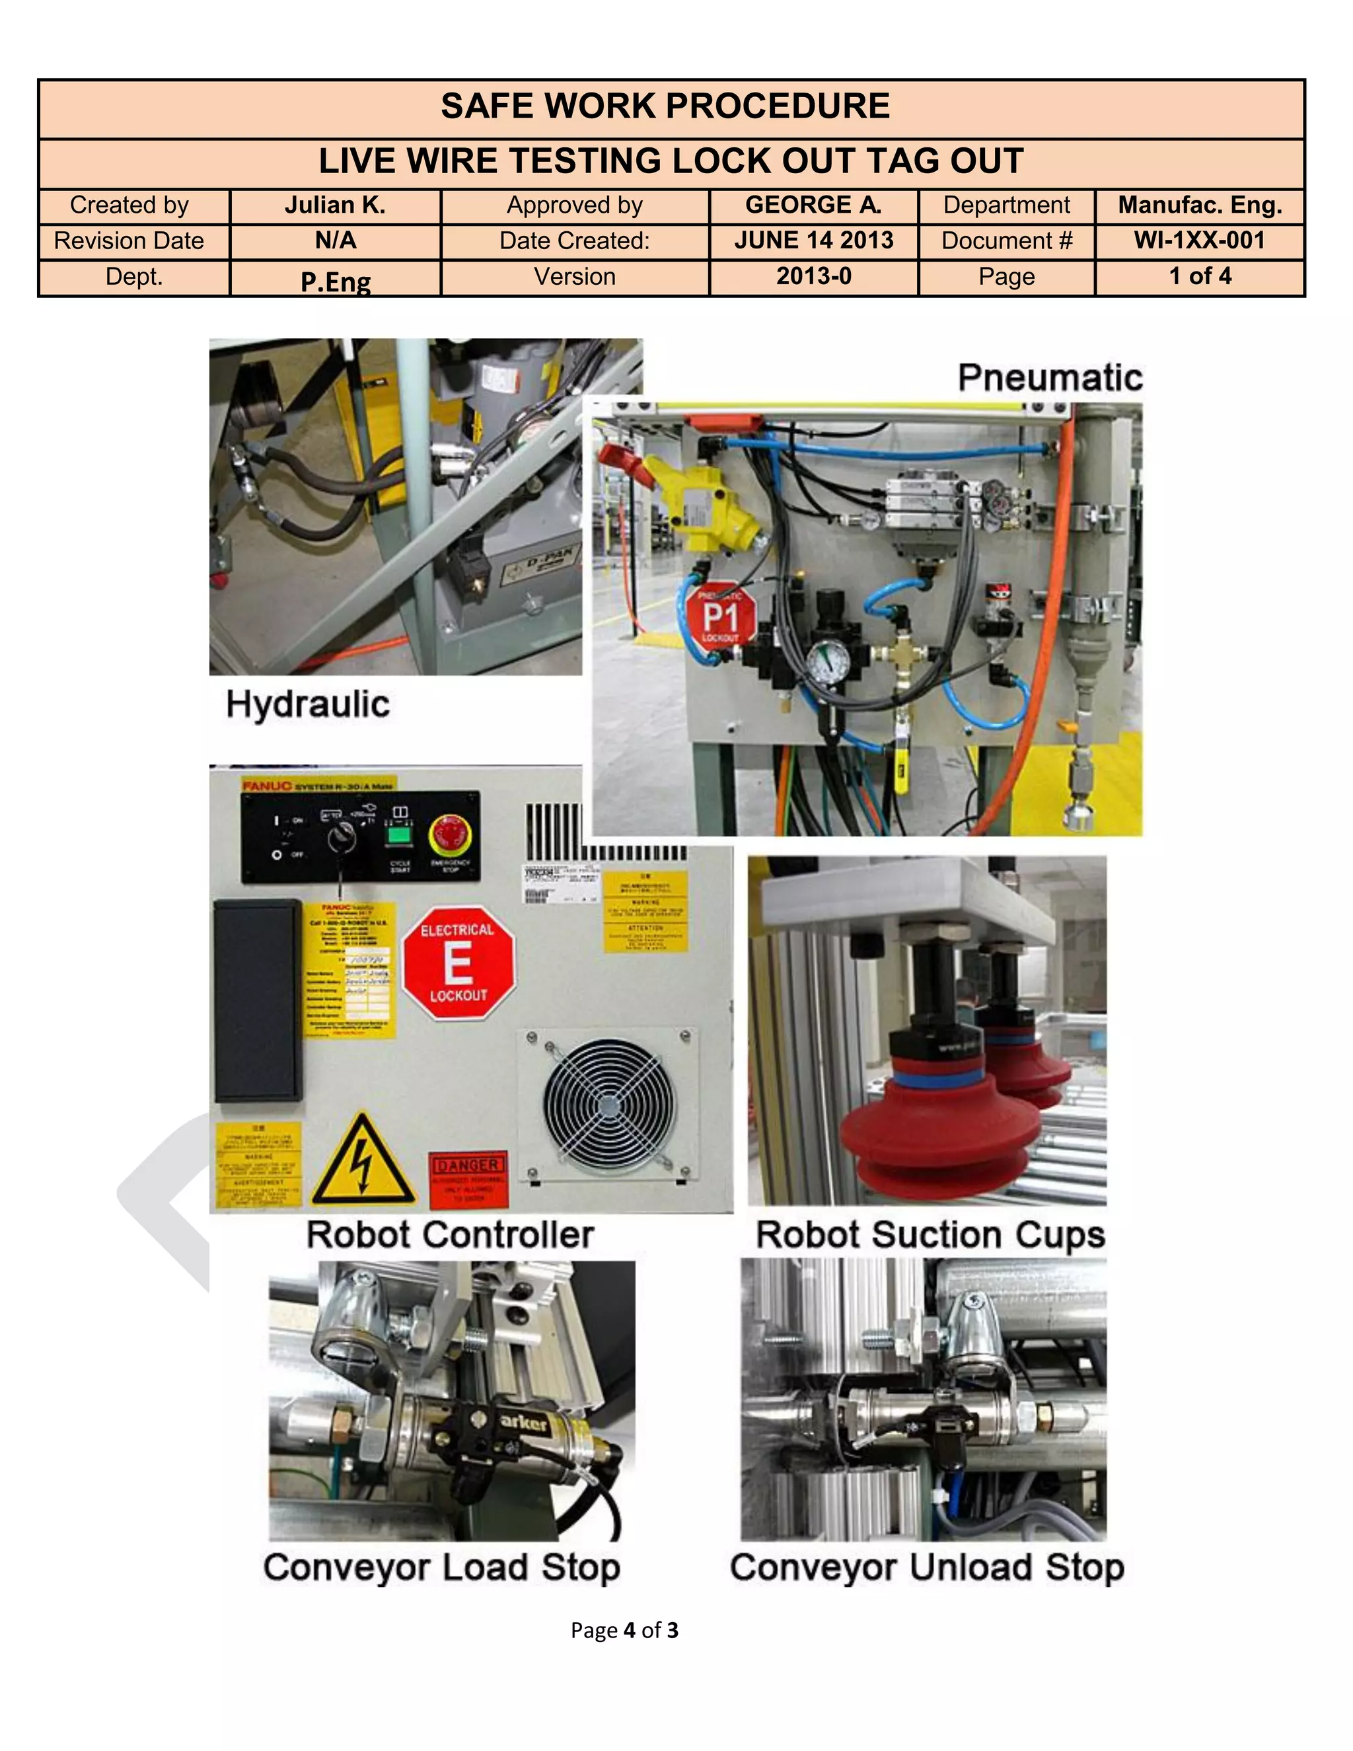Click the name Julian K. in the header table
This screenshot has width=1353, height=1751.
335,206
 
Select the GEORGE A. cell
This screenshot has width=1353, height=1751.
813,205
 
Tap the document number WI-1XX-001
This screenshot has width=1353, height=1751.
1199,241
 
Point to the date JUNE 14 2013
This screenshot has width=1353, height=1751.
813,241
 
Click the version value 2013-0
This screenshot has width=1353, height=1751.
813,277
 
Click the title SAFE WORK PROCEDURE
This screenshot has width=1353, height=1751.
665,106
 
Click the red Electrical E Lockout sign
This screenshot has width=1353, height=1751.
458,963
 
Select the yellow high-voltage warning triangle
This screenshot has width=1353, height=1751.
363,1162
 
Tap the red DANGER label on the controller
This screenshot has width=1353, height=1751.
470,1179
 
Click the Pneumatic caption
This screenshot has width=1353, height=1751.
1050,377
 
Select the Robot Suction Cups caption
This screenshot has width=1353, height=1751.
930,1235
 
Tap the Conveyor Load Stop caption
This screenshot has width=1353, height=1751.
442,1567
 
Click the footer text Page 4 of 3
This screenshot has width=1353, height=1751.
624,1630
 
